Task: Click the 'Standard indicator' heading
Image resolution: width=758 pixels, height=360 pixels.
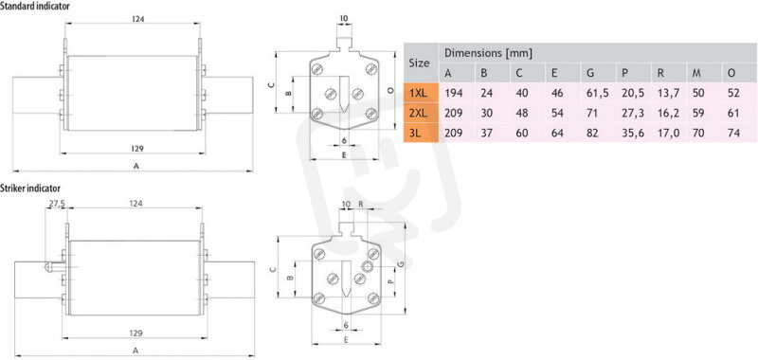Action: click(x=35, y=7)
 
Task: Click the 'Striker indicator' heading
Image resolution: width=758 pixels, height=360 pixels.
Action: click(x=30, y=188)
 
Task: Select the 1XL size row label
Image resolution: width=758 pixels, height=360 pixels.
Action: click(x=419, y=93)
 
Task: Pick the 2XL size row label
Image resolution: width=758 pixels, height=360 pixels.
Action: click(x=419, y=113)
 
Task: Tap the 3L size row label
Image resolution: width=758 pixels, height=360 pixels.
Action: click(x=415, y=134)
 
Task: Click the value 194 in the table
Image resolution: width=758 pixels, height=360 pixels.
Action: click(x=454, y=93)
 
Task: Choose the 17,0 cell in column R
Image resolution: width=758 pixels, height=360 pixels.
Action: click(x=668, y=134)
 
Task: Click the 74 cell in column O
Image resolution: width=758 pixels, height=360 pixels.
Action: click(x=733, y=134)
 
